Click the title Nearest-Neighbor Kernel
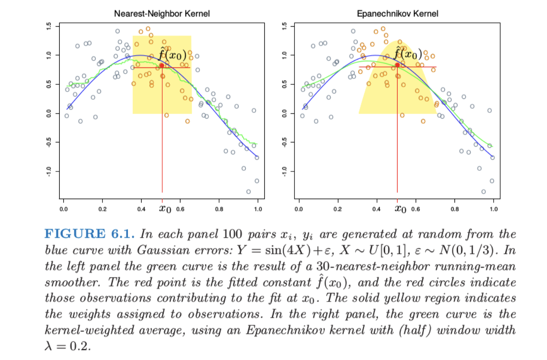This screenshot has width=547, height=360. (x=162, y=13)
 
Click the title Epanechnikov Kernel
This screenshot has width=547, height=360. (x=397, y=13)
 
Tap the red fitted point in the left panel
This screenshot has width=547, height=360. (x=162, y=65)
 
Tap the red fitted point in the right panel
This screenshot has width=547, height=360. (x=397, y=65)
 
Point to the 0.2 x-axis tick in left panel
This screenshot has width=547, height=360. (x=102, y=209)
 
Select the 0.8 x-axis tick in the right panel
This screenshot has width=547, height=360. (x=455, y=209)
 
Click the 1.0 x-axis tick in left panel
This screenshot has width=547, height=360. (x=258, y=209)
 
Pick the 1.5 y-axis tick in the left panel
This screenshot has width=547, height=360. (x=49, y=26)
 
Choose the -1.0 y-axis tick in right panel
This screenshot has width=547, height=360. (x=284, y=171)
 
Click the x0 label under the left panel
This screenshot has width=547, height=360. (x=165, y=209)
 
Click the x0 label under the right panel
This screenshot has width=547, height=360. (x=400, y=209)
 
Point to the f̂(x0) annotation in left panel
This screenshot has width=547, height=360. (x=173, y=54)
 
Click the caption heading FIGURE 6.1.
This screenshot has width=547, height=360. (x=89, y=234)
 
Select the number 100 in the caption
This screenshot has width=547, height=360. (x=232, y=234)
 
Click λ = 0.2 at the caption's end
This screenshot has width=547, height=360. (x=68, y=346)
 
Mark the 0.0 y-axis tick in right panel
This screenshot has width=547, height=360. (x=284, y=113)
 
